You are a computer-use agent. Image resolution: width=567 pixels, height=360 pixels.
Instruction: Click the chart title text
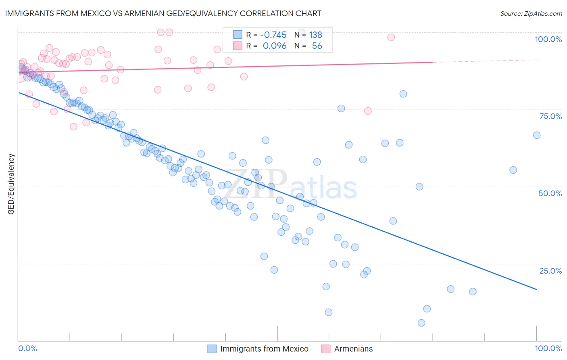click(x=163, y=13)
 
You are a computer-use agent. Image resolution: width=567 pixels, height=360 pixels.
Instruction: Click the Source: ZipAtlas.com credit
click(x=531, y=14)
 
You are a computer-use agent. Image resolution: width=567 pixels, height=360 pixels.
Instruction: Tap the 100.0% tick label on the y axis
click(x=548, y=39)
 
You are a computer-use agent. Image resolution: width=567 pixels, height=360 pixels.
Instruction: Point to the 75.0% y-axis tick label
click(x=550, y=116)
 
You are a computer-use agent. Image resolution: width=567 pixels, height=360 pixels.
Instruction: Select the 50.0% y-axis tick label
click(x=550, y=193)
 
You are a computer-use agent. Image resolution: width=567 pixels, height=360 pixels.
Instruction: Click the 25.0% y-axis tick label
click(x=550, y=270)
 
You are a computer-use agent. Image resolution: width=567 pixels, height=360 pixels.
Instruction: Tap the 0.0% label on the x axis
click(x=27, y=348)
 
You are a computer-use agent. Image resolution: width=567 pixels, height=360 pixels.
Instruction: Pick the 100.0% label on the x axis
click(x=548, y=348)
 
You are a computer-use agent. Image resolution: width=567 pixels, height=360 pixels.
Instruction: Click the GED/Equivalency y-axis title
click(x=11, y=184)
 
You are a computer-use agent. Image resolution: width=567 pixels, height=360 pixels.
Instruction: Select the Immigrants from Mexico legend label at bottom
click(x=264, y=349)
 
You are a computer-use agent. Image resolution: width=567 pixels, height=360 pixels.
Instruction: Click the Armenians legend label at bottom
click(x=353, y=349)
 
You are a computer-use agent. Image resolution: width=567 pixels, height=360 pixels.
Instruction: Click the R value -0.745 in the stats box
click(x=273, y=35)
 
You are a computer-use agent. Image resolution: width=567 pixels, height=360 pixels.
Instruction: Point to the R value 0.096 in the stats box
click(x=274, y=46)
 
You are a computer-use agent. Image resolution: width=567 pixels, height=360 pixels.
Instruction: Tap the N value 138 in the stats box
click(x=315, y=35)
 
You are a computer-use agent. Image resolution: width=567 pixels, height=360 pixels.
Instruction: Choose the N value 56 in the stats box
click(x=317, y=46)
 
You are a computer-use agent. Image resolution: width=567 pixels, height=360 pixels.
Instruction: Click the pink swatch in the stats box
click(x=238, y=46)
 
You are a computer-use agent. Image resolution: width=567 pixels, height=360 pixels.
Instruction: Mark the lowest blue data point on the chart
click(x=421, y=323)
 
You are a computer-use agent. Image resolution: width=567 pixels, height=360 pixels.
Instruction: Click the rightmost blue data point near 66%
click(x=537, y=135)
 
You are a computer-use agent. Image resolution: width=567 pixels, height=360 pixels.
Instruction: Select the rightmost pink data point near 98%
click(x=391, y=38)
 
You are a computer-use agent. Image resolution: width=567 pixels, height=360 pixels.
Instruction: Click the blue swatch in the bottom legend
click(x=212, y=349)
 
